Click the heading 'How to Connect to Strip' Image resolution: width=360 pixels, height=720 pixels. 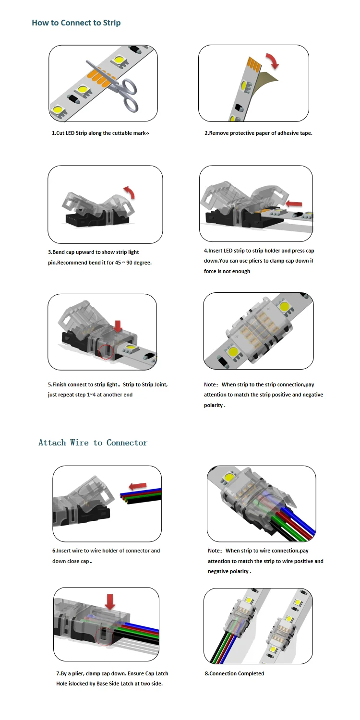[x=76, y=23]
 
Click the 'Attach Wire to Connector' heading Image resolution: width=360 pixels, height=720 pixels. [x=93, y=443]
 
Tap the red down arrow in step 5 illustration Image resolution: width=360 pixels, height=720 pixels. [x=118, y=326]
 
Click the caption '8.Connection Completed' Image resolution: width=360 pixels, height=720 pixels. [x=234, y=673]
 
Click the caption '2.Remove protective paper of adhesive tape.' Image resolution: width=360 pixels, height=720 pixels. [x=258, y=133]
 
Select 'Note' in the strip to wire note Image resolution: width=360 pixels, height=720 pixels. [x=214, y=551]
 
